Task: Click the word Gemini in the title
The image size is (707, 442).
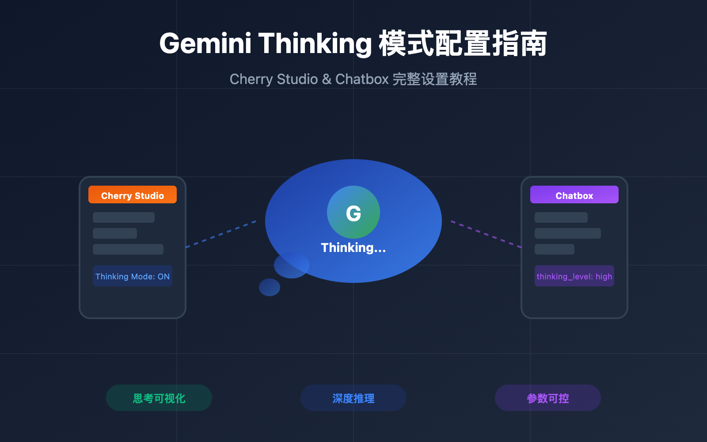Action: point(205,44)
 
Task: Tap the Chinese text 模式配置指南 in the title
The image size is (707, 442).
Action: point(463,44)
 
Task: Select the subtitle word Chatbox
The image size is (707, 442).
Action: point(362,79)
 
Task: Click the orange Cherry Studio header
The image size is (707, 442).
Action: point(133,195)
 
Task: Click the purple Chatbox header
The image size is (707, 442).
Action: point(574,195)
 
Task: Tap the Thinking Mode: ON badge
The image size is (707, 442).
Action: point(133,276)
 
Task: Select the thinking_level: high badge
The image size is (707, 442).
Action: point(574,276)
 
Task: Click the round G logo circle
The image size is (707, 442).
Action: point(353,212)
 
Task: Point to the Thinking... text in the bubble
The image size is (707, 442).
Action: point(353,248)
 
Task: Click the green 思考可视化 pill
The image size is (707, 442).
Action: point(159,398)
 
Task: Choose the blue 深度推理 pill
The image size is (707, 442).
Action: point(353,398)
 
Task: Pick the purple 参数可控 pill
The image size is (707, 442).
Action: point(548,398)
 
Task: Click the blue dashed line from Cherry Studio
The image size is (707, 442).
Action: point(221,234)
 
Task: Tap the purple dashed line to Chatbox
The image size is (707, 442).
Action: point(486,234)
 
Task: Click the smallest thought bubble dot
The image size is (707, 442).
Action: point(270,287)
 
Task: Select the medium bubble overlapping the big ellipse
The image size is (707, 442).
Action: point(289,266)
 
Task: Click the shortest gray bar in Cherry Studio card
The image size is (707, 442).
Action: point(115,233)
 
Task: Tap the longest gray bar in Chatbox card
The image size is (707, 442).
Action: point(568,233)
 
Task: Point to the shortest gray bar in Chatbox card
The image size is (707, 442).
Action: point(555,249)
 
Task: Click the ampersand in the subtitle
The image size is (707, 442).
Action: point(327,79)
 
